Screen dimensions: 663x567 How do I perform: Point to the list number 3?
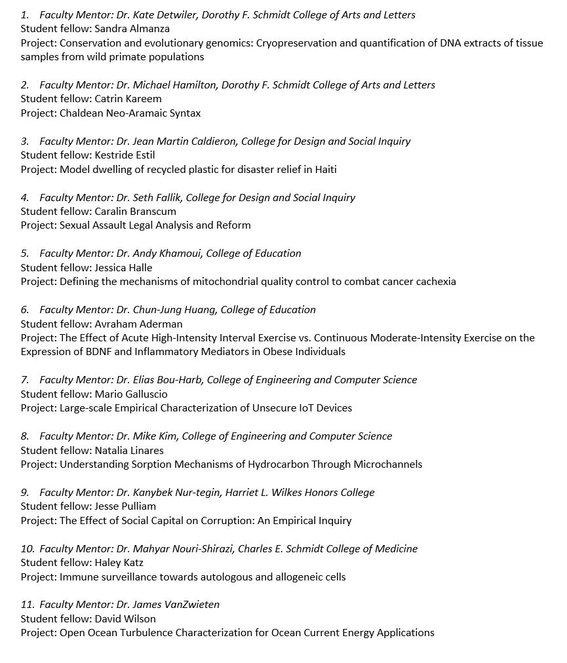coord(24,142)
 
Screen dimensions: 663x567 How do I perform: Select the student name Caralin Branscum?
coord(135,212)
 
